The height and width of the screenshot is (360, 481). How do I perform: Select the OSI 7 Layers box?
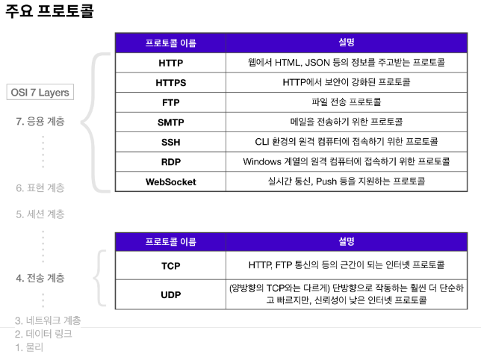pos(41,93)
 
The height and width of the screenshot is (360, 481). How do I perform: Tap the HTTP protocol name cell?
pos(170,63)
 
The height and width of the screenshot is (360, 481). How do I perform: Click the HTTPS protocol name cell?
pos(170,82)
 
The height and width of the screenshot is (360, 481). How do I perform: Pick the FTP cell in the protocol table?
pos(170,102)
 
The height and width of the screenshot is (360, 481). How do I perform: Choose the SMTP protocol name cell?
pos(170,122)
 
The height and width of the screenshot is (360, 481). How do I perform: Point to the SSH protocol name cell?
pos(170,142)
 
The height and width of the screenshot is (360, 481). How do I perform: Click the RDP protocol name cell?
pos(170,161)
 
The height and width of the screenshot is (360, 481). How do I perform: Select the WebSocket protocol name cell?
pos(170,181)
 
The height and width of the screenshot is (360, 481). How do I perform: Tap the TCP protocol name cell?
pos(170,265)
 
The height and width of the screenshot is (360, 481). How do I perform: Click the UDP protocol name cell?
pos(170,294)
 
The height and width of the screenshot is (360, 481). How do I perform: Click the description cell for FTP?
pos(346,102)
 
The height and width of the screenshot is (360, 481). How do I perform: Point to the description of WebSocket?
pos(346,181)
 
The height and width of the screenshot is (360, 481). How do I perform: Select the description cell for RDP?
pos(346,161)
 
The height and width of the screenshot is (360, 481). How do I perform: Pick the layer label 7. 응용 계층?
pos(40,121)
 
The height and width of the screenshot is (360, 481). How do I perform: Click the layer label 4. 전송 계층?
pos(40,278)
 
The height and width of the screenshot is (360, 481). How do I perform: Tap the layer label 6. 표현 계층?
pos(40,188)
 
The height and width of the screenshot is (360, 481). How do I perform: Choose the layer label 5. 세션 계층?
pos(40,214)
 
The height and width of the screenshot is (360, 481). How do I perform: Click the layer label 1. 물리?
pos(30,347)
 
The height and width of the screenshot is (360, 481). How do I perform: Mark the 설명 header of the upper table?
pos(346,43)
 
